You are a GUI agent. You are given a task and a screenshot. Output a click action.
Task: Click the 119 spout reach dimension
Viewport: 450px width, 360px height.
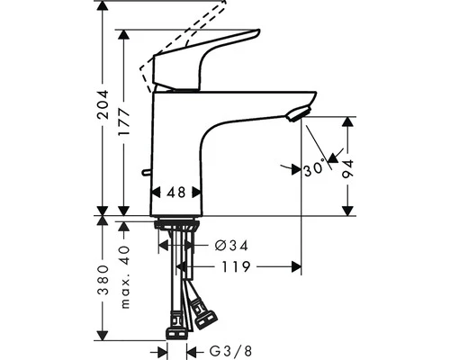(x=237, y=266)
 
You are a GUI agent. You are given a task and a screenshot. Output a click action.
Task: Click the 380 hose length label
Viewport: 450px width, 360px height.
(x=104, y=279)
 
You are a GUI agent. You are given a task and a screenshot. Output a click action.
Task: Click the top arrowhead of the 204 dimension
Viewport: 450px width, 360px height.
(x=104, y=7)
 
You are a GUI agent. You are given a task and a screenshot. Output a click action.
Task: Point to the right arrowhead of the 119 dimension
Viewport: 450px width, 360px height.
(x=297, y=266)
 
